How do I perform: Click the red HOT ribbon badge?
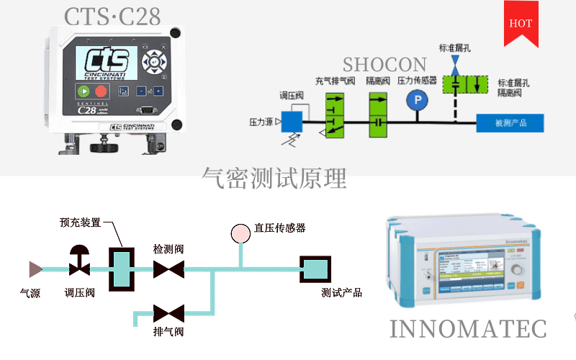521,23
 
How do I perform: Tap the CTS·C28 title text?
112,16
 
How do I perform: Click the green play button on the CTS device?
84,91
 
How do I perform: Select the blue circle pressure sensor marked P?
416,102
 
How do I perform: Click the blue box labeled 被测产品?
510,123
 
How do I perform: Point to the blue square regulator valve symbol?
292,122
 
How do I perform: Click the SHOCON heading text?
384,65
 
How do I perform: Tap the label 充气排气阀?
335,81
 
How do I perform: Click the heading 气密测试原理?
274,177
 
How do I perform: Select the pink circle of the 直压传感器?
239,233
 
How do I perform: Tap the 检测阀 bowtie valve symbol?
168,269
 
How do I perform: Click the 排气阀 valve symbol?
168,313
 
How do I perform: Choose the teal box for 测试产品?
314,269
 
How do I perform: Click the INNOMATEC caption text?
468,328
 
